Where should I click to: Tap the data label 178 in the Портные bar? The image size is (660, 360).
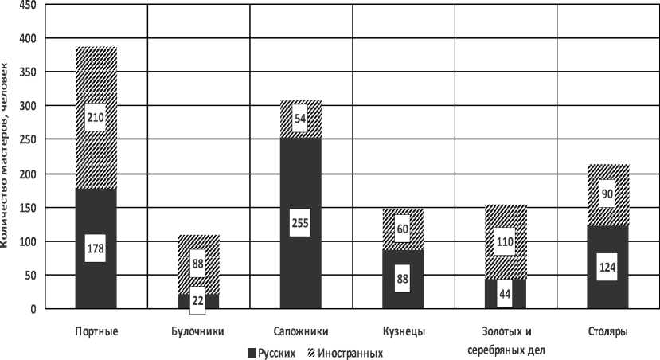click(96, 248)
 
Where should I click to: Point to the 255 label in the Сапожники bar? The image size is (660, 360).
click(300, 223)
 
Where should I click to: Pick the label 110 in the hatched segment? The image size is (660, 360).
click(506, 241)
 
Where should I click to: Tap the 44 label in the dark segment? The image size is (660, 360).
click(506, 293)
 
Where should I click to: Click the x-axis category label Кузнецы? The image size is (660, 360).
click(404, 331)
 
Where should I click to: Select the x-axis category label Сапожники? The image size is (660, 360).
click(301, 331)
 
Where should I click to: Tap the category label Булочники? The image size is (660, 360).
click(198, 331)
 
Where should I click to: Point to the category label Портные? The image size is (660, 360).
click(96, 331)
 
